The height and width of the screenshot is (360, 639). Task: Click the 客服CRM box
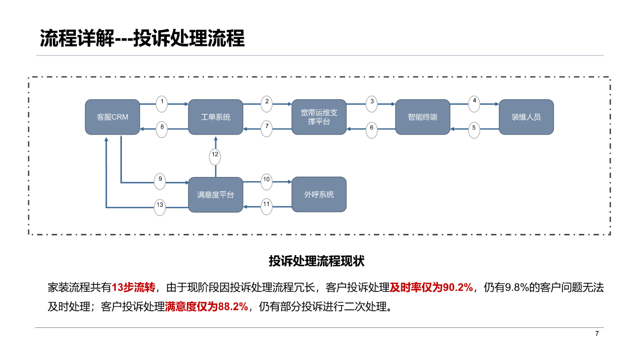pos(112,117)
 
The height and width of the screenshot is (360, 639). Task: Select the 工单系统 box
pos(216,117)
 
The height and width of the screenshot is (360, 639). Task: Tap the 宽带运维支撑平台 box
pos(319,117)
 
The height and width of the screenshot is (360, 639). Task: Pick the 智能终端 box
pos(422,117)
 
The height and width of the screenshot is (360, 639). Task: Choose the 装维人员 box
pos(526,117)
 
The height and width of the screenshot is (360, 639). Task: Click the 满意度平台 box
pos(216,195)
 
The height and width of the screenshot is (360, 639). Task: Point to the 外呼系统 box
pos(319,195)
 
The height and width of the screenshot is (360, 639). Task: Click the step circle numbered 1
pos(162,104)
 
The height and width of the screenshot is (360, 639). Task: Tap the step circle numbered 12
pos(215,157)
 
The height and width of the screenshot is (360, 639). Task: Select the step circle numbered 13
pos(160,207)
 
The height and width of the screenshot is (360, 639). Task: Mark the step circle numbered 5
pos(474,130)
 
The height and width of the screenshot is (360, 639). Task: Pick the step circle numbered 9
pos(160,182)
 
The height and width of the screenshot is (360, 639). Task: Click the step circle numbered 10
pos(267,182)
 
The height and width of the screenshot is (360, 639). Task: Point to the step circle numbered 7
pos(267,129)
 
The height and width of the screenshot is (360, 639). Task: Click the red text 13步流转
pos(134,287)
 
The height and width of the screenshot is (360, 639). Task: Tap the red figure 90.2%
pos(458,287)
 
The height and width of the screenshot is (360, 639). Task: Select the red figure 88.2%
pos(233,307)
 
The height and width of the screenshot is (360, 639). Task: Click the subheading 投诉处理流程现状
pos(316,261)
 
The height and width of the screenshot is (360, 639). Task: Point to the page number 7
pos(597,333)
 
